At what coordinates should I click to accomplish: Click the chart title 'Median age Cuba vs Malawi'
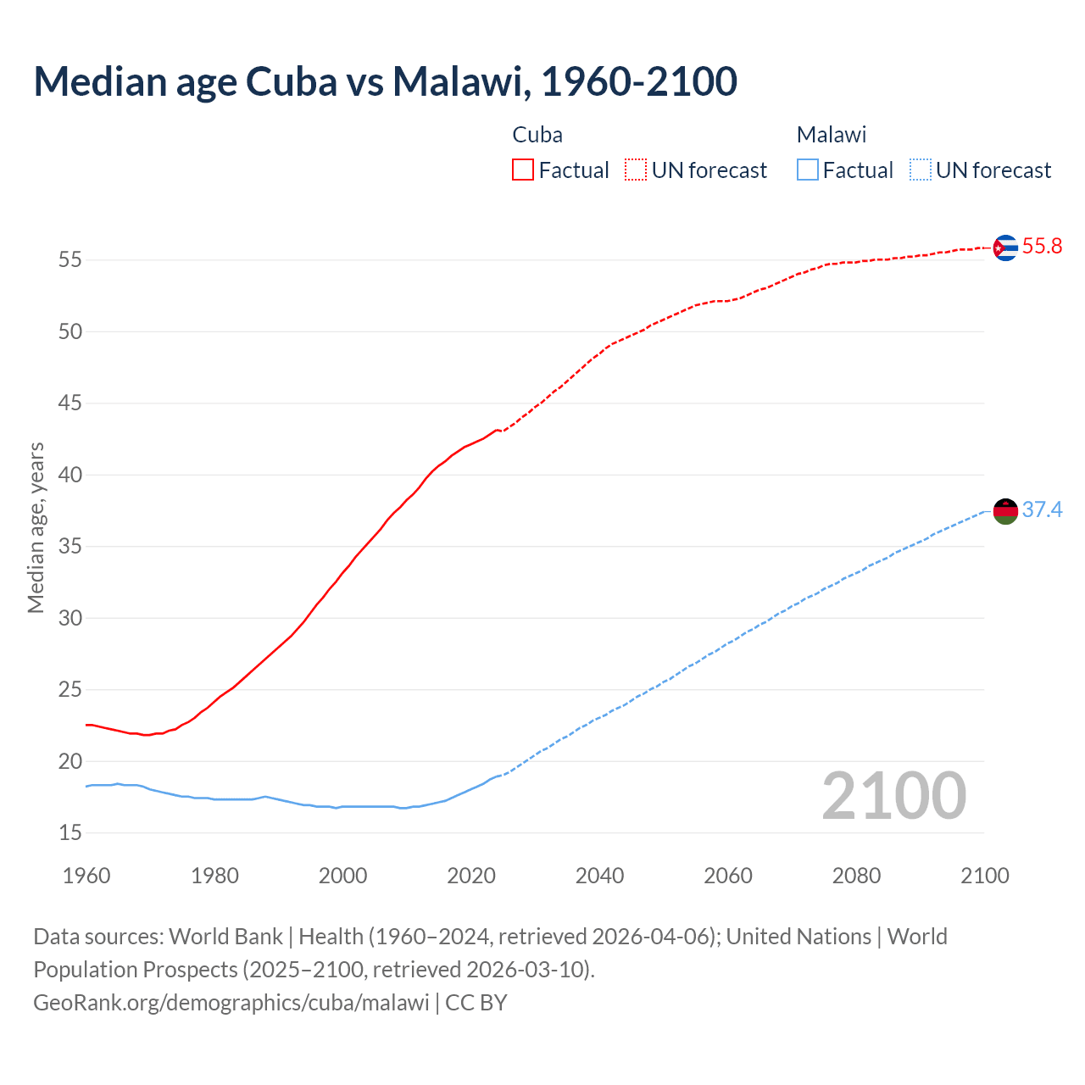tap(385, 81)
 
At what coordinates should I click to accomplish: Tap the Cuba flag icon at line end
tap(1004, 248)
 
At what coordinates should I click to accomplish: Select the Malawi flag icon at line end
tap(1004, 511)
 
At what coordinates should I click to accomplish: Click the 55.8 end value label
tap(1042, 247)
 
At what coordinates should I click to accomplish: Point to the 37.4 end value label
tap(1042, 509)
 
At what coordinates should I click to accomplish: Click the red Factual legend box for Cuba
tap(523, 170)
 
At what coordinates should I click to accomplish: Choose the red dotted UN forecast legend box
tap(636, 170)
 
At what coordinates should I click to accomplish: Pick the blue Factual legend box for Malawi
tap(807, 170)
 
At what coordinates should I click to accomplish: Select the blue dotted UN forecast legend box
tap(920, 170)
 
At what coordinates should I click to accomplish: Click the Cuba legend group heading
tap(537, 135)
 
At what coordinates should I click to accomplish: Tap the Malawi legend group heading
tap(831, 135)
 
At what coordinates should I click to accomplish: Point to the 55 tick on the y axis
tap(70, 260)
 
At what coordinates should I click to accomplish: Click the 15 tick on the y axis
tap(70, 833)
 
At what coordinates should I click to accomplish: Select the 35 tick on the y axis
tap(70, 547)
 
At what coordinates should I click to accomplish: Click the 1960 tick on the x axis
tap(86, 876)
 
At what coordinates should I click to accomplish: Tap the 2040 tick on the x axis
tap(599, 876)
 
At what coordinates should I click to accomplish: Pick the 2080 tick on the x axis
tap(856, 876)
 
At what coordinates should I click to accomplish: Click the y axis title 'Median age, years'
tap(36, 527)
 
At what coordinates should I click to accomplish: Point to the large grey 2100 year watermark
tap(893, 796)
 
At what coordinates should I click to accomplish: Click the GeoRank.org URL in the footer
tap(231, 1003)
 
